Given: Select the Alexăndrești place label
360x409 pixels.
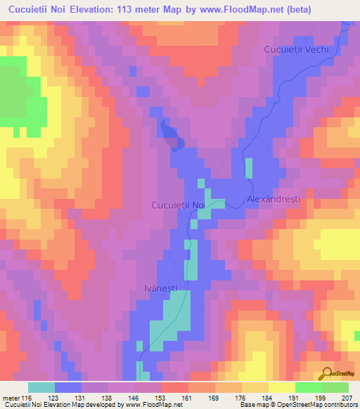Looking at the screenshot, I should [274, 199].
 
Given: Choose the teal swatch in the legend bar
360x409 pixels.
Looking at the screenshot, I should [41, 387].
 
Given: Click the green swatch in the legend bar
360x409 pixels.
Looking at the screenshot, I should [308, 387].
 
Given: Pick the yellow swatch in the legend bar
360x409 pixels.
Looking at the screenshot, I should [281, 387].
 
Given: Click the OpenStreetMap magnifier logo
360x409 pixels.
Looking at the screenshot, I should [328, 373].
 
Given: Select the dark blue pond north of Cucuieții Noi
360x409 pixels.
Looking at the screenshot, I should [173, 135].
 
